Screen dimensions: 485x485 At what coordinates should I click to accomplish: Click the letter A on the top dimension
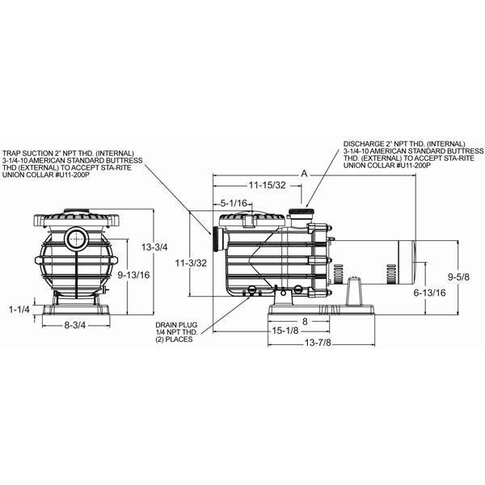(304, 172)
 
